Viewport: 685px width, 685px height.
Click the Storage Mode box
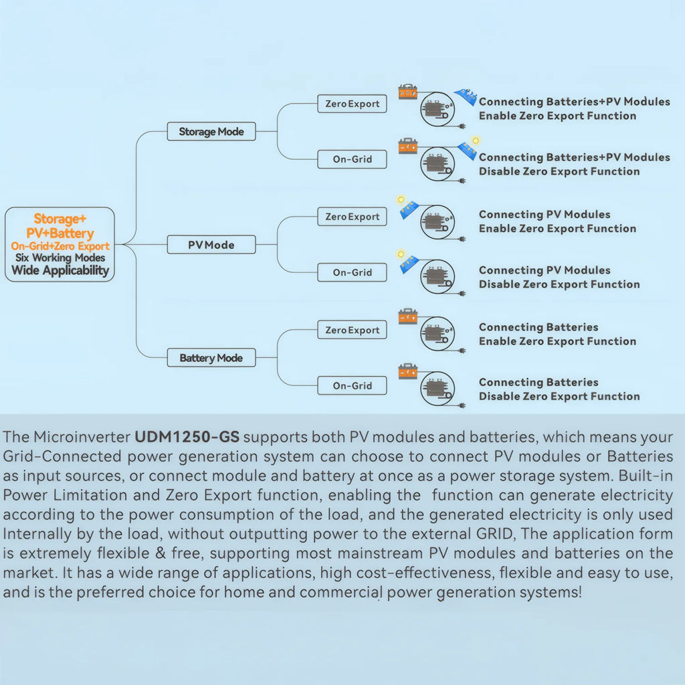[211, 132]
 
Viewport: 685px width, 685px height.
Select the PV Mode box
[211, 245]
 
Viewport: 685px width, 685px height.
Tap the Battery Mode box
[211, 358]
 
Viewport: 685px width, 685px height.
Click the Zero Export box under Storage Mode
[352, 104]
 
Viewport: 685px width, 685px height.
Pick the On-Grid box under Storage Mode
[352, 159]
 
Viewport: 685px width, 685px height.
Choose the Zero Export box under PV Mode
[352, 217]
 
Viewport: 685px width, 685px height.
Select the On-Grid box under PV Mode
[352, 273]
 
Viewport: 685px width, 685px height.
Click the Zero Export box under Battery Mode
[352, 330]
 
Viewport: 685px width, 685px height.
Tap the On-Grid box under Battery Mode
[352, 386]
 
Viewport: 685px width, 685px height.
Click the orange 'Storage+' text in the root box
[60, 219]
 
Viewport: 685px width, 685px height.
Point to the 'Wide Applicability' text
[60, 270]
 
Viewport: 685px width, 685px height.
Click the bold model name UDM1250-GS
[187, 437]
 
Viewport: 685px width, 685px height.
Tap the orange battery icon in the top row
[407, 92]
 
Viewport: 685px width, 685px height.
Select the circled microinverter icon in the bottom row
[437, 389]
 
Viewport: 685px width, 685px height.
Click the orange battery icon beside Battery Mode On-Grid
[407, 371]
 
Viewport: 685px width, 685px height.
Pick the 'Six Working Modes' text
[60, 258]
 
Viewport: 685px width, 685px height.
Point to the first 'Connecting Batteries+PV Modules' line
[575, 102]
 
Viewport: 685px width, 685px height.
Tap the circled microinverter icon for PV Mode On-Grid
[437, 276]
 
